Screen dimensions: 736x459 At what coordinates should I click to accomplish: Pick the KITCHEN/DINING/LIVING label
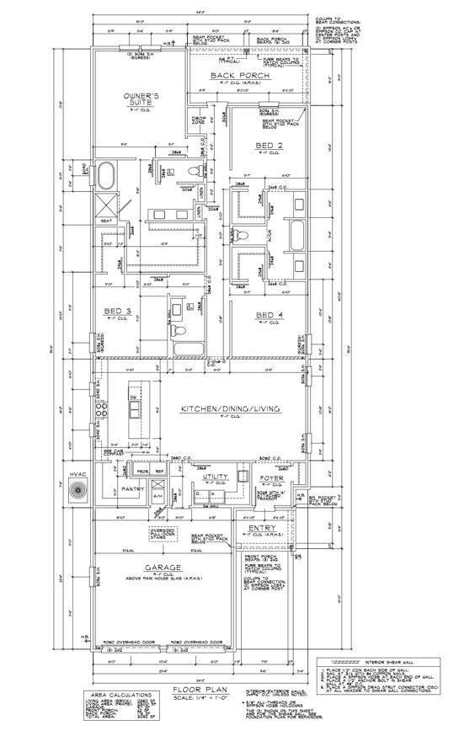click(x=230, y=409)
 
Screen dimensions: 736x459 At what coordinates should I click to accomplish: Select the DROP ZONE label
click(x=199, y=120)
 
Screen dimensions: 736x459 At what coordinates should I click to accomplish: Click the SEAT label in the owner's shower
click(x=107, y=221)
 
